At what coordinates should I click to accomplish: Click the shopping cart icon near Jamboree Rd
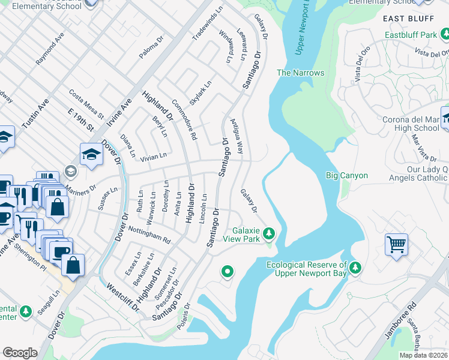pos(396,245)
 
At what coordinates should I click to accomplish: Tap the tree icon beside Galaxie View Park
pos(270,232)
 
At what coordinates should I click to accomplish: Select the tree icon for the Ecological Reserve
pos(356,266)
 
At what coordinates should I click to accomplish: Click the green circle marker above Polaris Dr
pos(227,272)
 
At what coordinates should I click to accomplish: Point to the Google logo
pos(20,353)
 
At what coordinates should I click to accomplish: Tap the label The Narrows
pos(300,73)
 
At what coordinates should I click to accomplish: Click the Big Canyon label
pos(346,176)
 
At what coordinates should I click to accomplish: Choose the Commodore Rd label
pos(184,119)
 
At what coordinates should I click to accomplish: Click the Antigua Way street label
pos(237,136)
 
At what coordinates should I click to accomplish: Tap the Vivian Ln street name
pos(153,157)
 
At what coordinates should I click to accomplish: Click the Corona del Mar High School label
pos(411,124)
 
